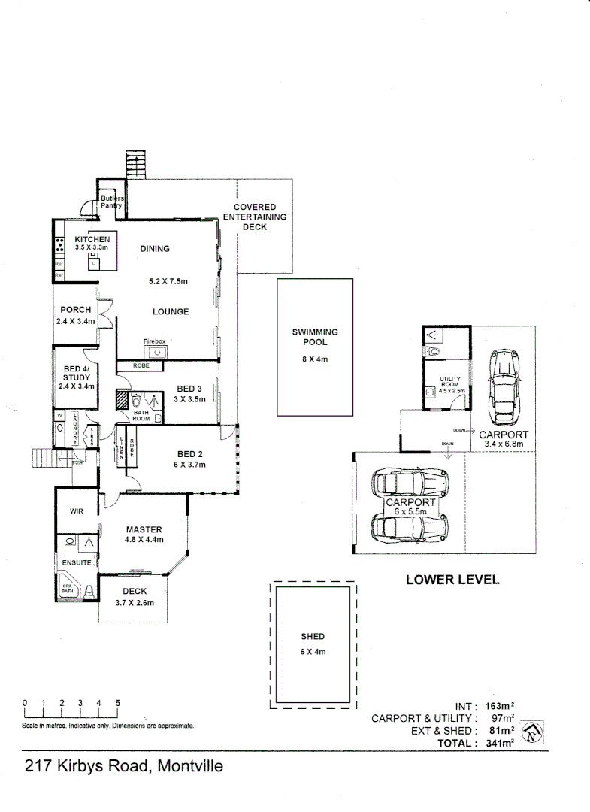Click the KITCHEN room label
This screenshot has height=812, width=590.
point(92,239)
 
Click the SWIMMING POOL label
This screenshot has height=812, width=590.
point(315,336)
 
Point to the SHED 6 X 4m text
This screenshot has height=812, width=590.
point(313,644)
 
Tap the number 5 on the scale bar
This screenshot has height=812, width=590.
point(117,703)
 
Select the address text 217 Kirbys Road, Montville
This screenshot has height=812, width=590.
point(124,767)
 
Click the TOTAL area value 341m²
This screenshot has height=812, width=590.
point(498,743)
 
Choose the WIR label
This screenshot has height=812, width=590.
point(76,511)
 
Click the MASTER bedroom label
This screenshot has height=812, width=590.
point(144,529)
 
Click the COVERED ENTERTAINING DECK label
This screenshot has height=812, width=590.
point(255,217)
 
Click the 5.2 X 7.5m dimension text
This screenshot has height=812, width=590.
point(168,281)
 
